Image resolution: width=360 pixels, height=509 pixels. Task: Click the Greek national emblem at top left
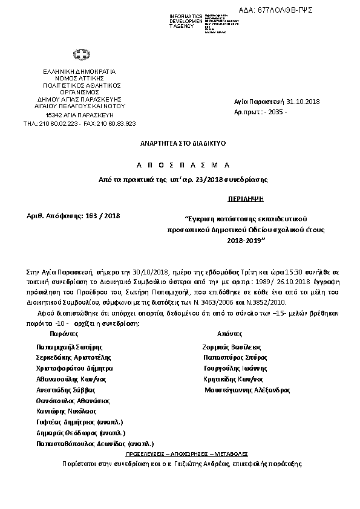[x=79, y=56]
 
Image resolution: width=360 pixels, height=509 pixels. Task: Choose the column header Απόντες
[x=229, y=333]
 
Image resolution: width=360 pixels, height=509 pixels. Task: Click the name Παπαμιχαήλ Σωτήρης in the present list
[x=70, y=348]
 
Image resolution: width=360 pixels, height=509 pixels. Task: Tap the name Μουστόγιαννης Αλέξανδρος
[x=247, y=391]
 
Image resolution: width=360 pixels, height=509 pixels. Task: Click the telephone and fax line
[x=79, y=123]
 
